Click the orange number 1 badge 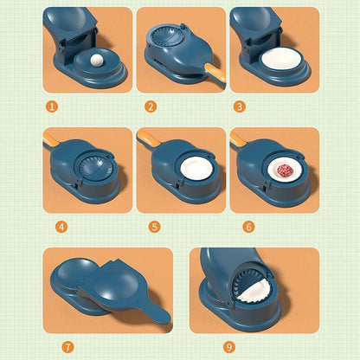(x=52, y=106)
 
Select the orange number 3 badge (x=239, y=106)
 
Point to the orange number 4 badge (x=61, y=227)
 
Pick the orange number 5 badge (x=154, y=227)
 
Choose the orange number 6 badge (x=248, y=227)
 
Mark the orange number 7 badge (x=68, y=346)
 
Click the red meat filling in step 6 (x=286, y=169)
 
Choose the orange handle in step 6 (x=237, y=138)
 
